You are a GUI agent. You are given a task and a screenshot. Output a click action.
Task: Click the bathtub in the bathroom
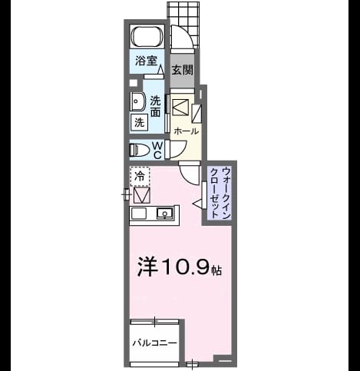tap(147, 36)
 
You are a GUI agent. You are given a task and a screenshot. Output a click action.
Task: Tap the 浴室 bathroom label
tap(146, 61)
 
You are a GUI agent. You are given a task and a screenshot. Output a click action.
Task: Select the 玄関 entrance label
tap(182, 69)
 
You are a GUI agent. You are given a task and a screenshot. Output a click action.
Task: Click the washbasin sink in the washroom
tap(137, 101)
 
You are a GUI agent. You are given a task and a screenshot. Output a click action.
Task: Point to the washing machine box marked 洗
tap(140, 123)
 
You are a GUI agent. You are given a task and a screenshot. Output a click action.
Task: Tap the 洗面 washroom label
tap(155, 106)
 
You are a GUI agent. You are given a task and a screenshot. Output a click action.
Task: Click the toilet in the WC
tap(140, 150)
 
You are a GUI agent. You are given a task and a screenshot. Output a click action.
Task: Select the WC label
tap(157, 151)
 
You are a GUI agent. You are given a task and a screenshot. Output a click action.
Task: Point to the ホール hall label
tap(186, 131)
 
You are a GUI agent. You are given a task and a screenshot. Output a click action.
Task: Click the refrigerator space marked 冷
tap(140, 176)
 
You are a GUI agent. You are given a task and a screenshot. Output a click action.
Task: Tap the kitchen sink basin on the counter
tap(164, 213)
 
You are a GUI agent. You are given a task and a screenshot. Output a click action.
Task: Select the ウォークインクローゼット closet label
tap(220, 192)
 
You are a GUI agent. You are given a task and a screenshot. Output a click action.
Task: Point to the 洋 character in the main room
tap(147, 267)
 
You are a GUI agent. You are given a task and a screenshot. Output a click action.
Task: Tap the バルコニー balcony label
tap(154, 343)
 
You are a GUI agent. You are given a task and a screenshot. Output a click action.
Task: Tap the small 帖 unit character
tap(216, 270)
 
